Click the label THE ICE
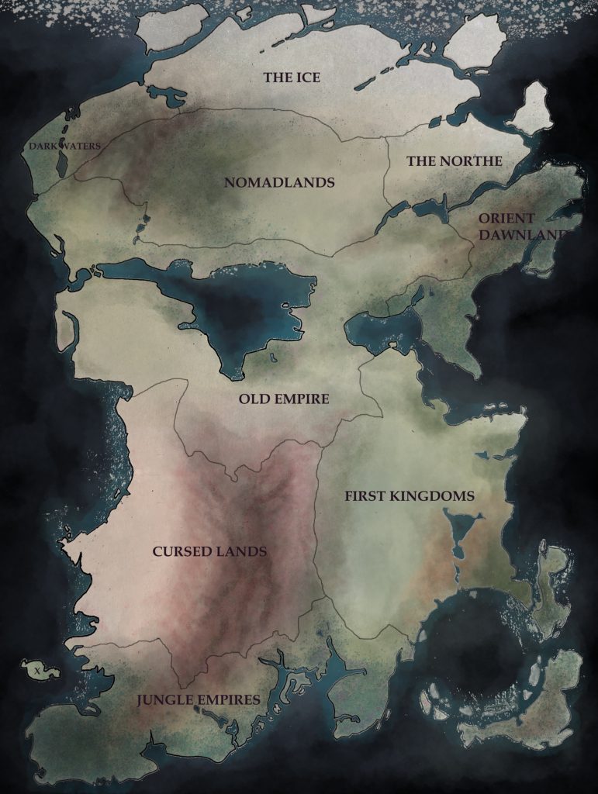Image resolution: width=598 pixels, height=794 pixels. click(292, 78)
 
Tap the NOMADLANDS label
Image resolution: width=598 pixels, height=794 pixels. click(279, 183)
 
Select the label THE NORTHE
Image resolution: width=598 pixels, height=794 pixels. click(455, 161)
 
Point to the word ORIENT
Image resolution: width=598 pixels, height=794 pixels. click(506, 219)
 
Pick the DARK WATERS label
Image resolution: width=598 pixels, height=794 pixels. click(65, 146)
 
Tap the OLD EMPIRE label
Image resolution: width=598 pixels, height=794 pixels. click(284, 399)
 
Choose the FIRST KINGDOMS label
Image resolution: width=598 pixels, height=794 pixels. click(410, 495)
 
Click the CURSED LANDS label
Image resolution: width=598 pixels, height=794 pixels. click(209, 552)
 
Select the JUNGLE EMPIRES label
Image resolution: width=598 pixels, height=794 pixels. click(199, 699)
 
